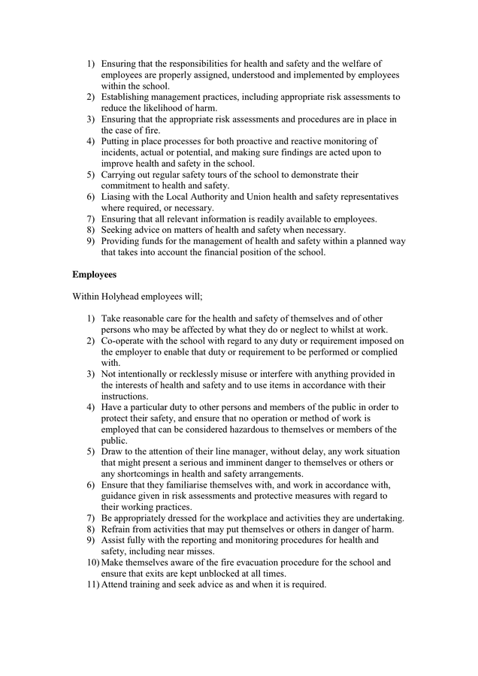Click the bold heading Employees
(x=94, y=275)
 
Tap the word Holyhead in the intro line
(x=123, y=297)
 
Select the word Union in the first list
(x=249, y=197)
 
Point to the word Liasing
(x=118, y=197)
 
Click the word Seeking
(x=120, y=230)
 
